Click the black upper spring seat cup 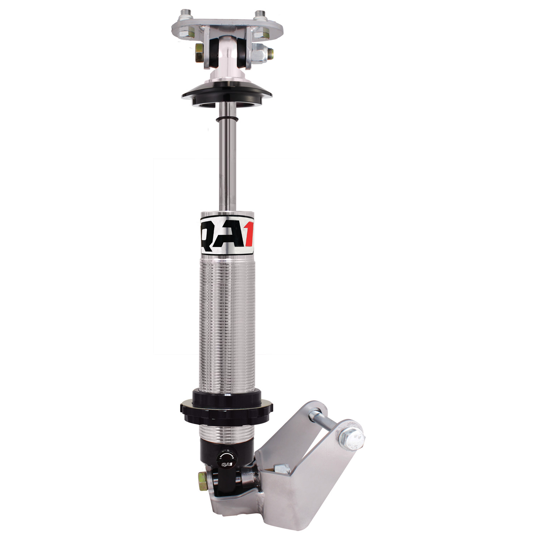(227, 95)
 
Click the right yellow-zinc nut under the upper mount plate (264, 34)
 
